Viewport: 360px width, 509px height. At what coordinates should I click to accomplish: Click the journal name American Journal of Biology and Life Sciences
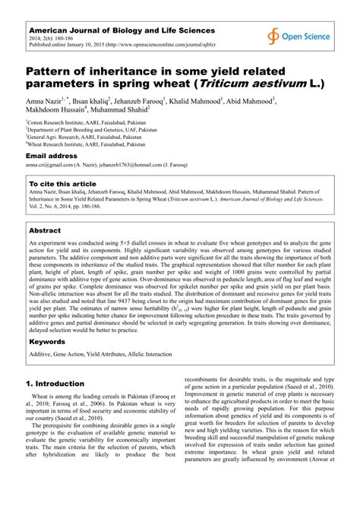click(x=111, y=27)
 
